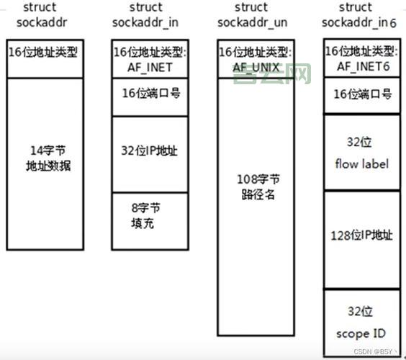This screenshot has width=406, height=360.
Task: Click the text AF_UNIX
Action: (256, 67)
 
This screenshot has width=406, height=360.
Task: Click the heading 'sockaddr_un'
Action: (253, 22)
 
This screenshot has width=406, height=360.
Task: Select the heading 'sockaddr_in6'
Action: (361, 22)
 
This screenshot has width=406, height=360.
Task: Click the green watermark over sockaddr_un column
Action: (272, 73)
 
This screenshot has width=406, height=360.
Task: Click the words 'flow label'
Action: (361, 164)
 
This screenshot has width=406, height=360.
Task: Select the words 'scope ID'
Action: (361, 333)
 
